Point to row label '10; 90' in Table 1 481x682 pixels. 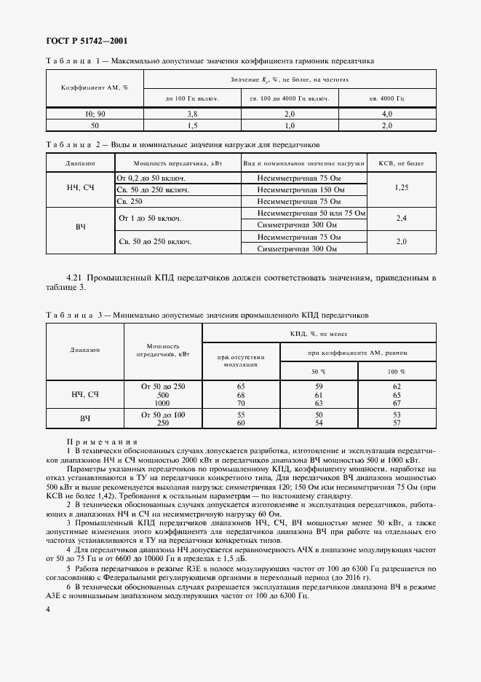pyautogui.click(x=95, y=114)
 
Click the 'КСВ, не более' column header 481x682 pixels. pyautogui.click(x=402, y=163)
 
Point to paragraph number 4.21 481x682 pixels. pyautogui.click(x=76, y=278)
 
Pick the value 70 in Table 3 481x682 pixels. pyautogui.click(x=241, y=403)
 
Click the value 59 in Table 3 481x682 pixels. pyautogui.click(x=318, y=385)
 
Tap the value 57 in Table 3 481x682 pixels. pyautogui.click(x=397, y=423)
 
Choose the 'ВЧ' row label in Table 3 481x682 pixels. pyautogui.click(x=84, y=419)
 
